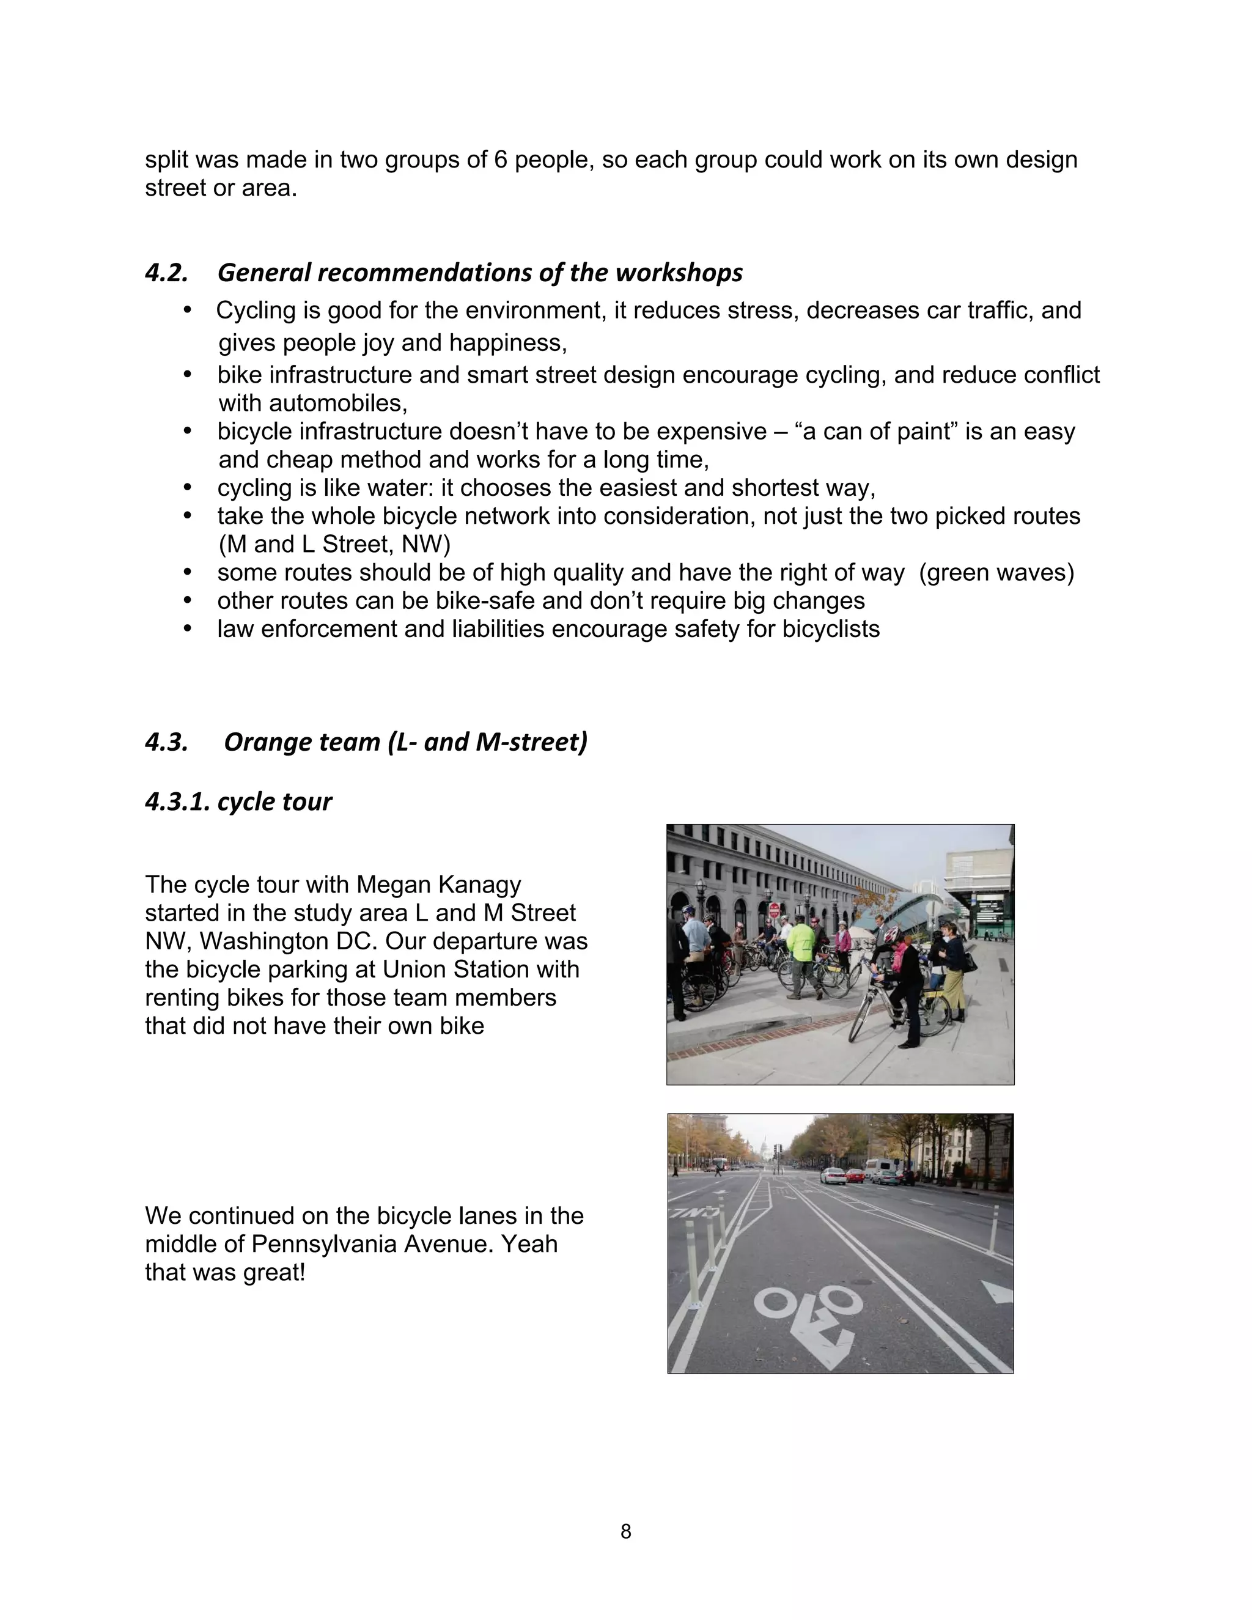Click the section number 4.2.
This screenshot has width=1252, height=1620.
166,274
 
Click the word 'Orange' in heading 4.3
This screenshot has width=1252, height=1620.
263,742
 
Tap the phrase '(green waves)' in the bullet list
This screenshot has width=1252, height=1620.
996,573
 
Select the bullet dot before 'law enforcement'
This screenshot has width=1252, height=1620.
188,629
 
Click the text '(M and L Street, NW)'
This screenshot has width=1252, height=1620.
334,545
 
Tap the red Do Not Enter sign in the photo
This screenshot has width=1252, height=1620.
775,910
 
